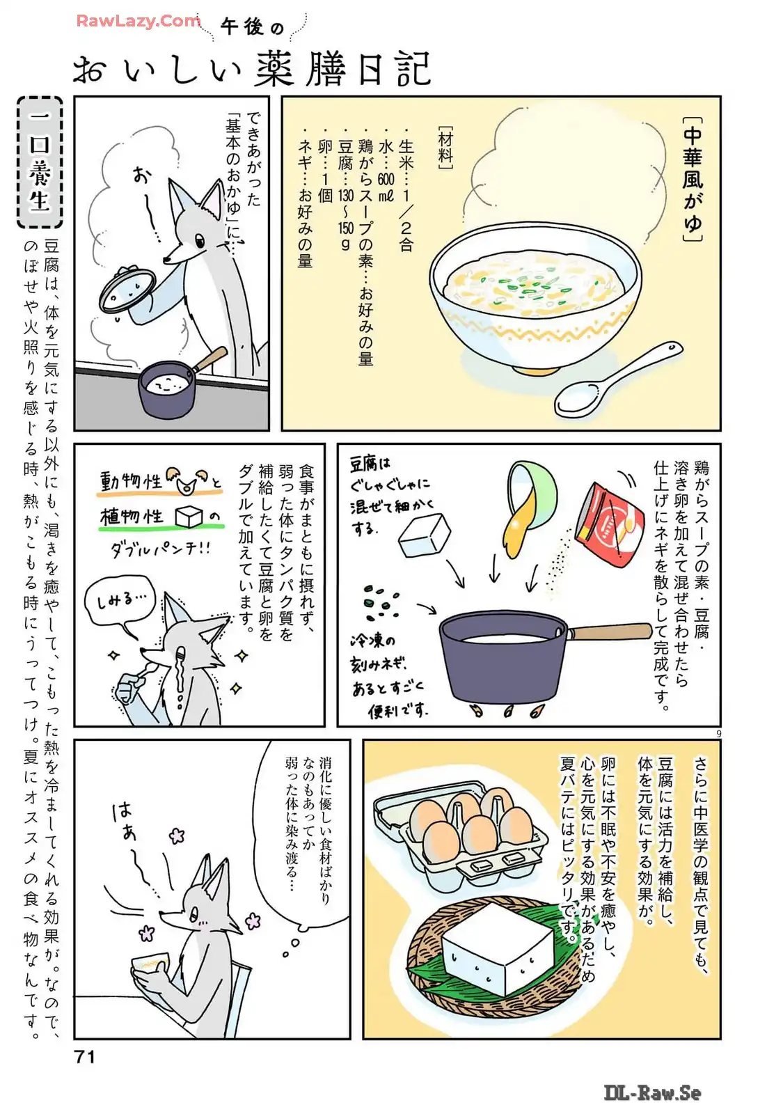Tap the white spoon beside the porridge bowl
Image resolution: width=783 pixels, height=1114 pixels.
click(x=617, y=379)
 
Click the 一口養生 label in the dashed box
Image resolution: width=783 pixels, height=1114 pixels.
click(x=40, y=162)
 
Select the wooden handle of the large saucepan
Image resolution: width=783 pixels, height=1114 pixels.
click(x=610, y=631)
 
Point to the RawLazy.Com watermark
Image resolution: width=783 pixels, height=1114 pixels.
click(x=139, y=21)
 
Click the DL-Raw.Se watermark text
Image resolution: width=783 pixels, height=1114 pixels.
click(x=653, y=1092)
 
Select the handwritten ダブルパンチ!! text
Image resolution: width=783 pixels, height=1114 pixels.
click(x=161, y=549)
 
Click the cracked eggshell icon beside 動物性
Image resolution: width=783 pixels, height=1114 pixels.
click(x=187, y=480)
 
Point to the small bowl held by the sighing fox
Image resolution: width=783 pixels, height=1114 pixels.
click(x=150, y=964)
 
